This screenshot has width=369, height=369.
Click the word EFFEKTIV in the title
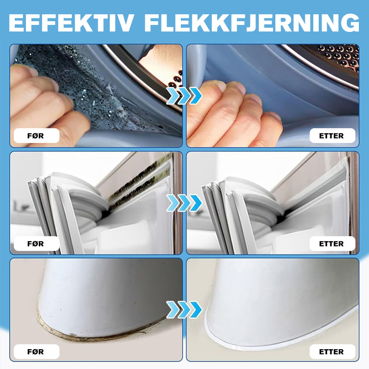(71, 23)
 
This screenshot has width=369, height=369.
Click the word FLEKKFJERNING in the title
(252, 23)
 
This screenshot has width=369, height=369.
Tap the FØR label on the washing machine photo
(36, 136)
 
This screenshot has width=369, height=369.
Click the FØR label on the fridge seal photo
(36, 244)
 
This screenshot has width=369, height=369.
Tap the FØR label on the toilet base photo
(36, 351)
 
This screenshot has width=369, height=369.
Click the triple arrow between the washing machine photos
(184, 95)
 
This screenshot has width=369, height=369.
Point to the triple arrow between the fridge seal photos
(184, 203)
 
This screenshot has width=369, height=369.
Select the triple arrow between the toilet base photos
(184, 309)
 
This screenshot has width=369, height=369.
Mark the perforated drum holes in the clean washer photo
(339, 56)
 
